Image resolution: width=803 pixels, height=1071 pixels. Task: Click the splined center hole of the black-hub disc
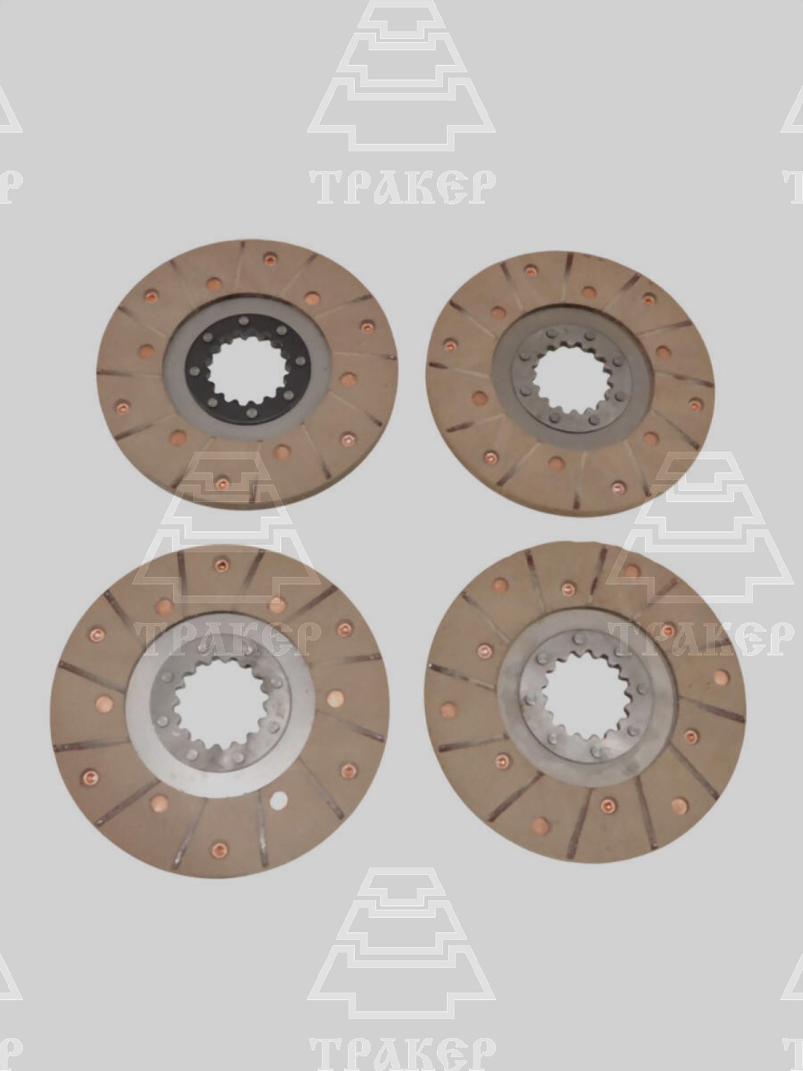[x=250, y=374]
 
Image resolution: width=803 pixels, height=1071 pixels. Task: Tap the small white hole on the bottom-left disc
[x=279, y=799]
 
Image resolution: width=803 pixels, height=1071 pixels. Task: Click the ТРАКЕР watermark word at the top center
[x=401, y=187]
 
